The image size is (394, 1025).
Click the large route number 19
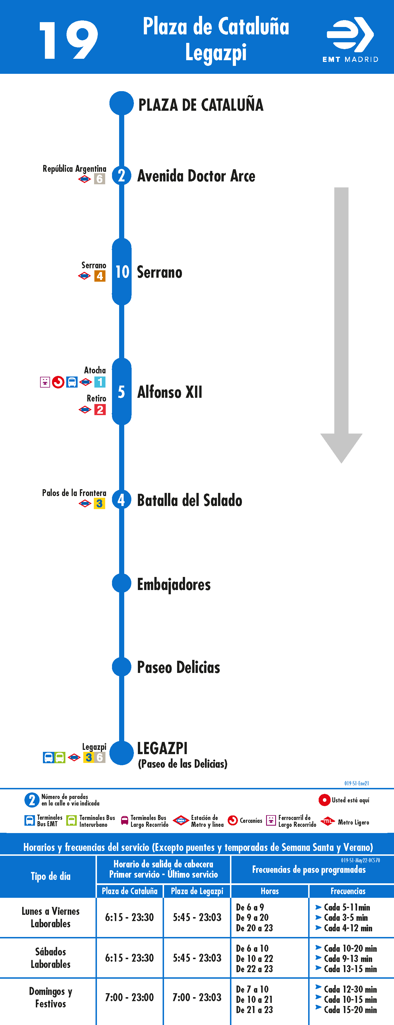pos(69,40)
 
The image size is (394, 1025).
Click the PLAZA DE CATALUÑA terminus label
pos(201,105)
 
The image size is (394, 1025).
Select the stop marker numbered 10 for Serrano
pos(121,272)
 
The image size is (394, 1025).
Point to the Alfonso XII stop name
pos(170,392)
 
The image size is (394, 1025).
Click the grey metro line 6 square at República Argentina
pos(99,179)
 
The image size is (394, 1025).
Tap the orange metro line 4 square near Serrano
pos(99,276)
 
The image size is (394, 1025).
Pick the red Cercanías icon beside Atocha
pos(58,382)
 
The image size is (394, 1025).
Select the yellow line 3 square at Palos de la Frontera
pos(99,503)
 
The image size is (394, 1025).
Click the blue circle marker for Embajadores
pos(121,583)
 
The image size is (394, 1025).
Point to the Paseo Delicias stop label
pos(179,667)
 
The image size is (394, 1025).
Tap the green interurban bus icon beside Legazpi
pos(60,758)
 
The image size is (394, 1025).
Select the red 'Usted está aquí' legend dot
pos(324,800)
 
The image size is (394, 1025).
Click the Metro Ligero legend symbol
pos(327,821)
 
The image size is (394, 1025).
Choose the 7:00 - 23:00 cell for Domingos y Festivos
pos(129,997)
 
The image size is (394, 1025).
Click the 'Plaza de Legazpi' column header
pos(197,891)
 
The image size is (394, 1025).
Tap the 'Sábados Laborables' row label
pos(51,958)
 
